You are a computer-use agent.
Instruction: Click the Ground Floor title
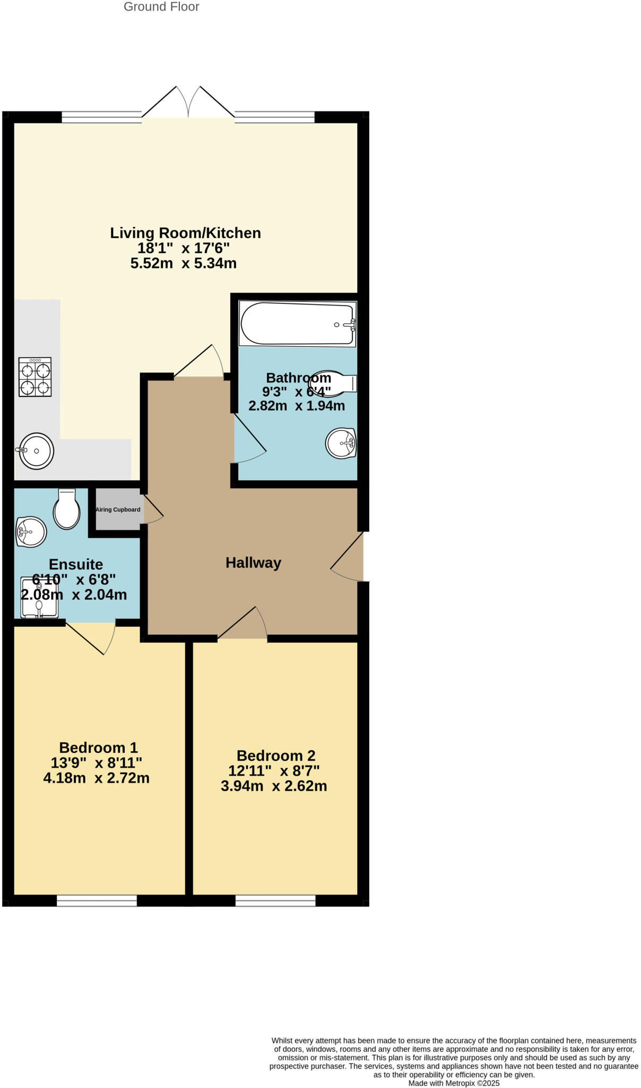tap(161, 7)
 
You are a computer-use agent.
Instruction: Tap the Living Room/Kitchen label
tap(185, 233)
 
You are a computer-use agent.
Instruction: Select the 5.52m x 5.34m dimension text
tap(183, 263)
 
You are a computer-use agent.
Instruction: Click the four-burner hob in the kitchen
tap(36, 377)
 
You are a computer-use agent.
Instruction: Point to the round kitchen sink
tap(37, 451)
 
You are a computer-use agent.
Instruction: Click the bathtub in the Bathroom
tap(297, 324)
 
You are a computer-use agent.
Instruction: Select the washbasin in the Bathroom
tap(341, 443)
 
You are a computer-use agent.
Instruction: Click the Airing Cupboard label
tap(118, 509)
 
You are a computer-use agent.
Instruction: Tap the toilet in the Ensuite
tap(67, 509)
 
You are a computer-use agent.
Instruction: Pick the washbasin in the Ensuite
tap(31, 532)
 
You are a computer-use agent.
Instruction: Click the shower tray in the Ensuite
tap(39, 598)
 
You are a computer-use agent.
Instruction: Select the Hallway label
tap(253, 563)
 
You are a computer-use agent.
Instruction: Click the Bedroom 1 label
tap(98, 747)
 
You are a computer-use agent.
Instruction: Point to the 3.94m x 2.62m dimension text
tap(274, 786)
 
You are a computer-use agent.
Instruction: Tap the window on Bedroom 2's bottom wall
tap(275, 900)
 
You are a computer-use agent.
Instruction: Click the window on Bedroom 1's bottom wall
tap(97, 900)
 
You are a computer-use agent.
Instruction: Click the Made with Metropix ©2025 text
tap(454, 1083)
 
